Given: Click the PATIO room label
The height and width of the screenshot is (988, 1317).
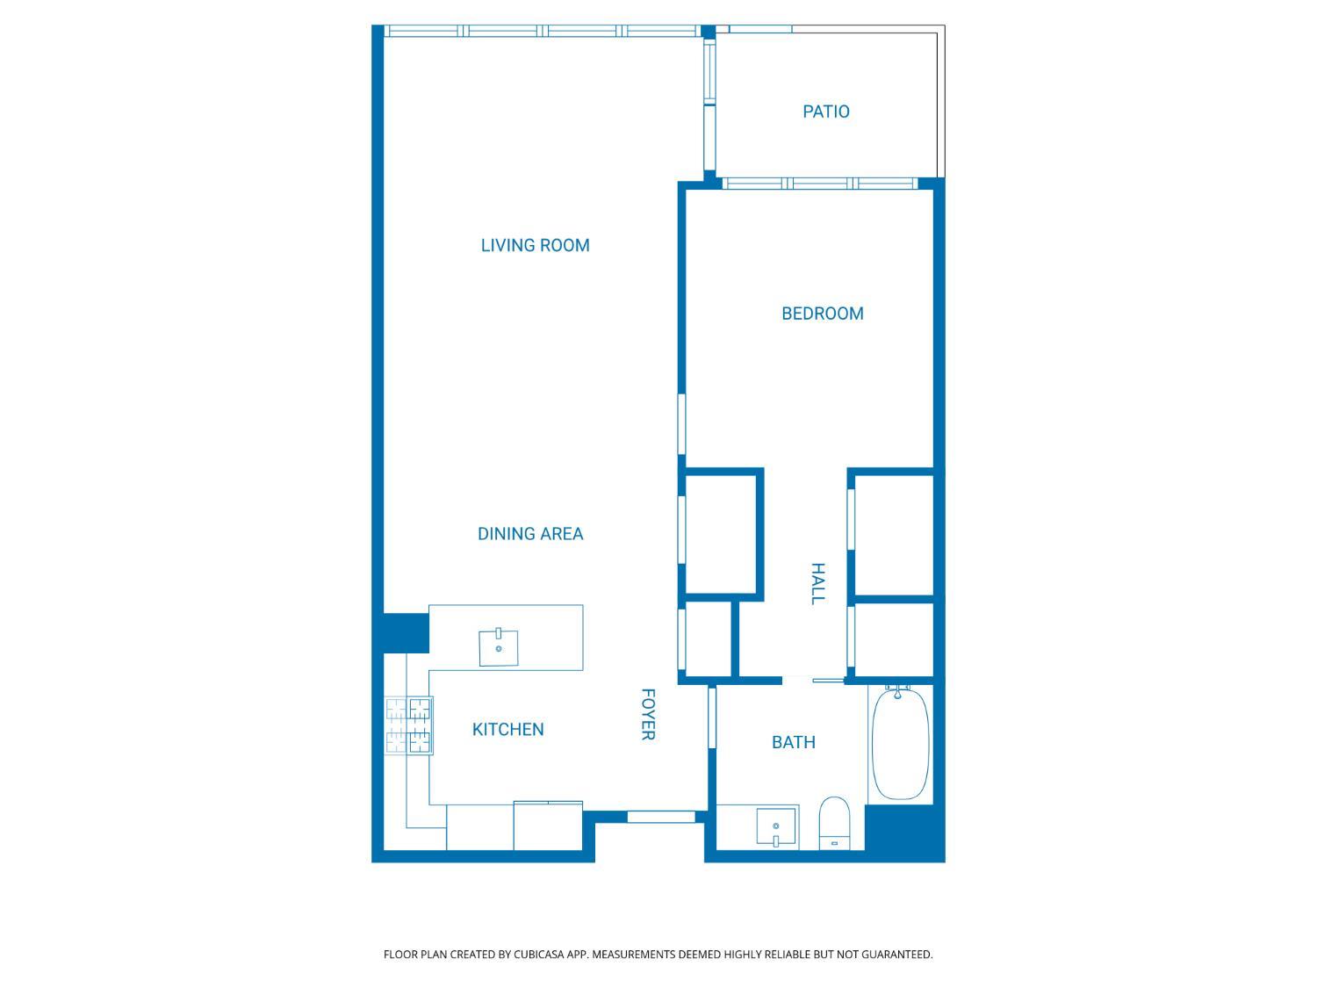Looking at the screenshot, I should click(825, 112).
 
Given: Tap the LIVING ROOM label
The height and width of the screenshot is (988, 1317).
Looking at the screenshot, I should click(535, 245).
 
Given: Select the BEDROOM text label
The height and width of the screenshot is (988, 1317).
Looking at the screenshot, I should click(822, 314).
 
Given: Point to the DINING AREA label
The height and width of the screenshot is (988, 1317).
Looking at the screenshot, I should click(530, 534).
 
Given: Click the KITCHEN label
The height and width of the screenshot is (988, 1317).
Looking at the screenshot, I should click(507, 729).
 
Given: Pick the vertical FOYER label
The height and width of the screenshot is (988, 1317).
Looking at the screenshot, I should click(648, 715).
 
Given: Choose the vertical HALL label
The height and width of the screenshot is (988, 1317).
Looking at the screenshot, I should click(817, 584).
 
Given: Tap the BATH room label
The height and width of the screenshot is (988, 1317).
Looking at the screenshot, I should click(793, 742).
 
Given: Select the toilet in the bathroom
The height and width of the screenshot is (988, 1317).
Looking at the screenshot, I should click(833, 822).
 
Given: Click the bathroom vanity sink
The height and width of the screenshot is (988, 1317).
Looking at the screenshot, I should click(776, 827).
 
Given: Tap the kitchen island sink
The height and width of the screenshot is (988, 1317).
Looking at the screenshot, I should click(498, 648).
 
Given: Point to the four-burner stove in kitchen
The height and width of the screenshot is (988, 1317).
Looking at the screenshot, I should click(409, 725).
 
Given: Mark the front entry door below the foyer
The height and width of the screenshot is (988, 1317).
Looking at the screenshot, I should click(660, 817).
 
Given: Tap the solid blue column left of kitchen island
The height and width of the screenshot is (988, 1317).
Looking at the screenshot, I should click(405, 632).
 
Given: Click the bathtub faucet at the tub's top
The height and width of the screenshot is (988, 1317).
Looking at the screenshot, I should click(897, 693).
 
